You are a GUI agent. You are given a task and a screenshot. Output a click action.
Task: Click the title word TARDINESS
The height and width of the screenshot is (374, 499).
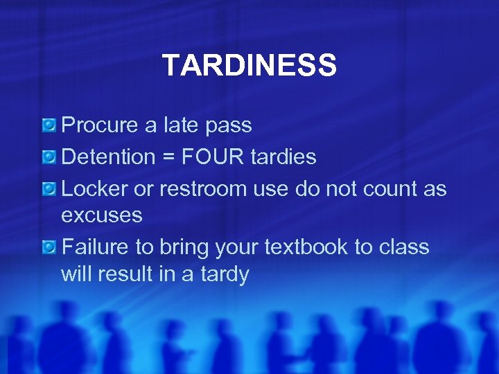(249, 66)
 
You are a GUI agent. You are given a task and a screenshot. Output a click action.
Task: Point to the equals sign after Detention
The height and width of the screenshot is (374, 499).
(168, 158)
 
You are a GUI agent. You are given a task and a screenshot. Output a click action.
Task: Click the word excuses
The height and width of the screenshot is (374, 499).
(101, 215)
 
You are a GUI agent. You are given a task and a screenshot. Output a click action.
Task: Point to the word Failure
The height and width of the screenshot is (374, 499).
(91, 247)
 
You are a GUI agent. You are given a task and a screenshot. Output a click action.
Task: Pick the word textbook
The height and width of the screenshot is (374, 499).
(313, 247)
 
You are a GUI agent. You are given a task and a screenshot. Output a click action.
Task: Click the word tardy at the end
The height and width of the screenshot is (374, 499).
(224, 275)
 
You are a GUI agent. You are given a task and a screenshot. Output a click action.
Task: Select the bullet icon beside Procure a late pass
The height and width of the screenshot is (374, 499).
(49, 125)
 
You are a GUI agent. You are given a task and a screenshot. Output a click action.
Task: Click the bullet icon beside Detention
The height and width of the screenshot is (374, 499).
(49, 157)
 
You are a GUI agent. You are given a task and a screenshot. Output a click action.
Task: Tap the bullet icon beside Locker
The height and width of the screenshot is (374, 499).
(49, 188)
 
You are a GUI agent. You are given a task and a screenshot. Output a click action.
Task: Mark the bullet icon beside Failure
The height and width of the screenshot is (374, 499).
(49, 247)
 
